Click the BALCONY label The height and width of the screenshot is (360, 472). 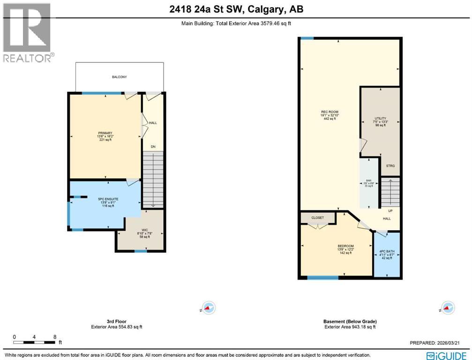coord(119,77)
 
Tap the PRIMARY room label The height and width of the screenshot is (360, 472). coord(105,133)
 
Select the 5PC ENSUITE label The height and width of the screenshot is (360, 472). coord(108,199)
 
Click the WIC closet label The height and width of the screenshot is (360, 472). coord(140,230)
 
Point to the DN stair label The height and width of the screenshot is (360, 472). coord(153,147)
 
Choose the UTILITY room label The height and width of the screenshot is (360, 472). coord(380,119)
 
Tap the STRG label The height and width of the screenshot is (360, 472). coord(390,165)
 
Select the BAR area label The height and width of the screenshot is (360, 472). coord(368,180)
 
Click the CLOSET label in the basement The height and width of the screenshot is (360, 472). coord(318,218)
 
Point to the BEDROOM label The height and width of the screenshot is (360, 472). coord(345,247)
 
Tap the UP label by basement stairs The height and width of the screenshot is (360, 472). coord(390,211)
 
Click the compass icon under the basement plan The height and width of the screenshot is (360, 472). coord(447,307)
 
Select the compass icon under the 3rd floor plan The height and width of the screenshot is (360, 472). coord(207,307)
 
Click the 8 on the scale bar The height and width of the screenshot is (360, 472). coord(55,337)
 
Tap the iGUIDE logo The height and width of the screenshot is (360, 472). coord(446,355)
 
